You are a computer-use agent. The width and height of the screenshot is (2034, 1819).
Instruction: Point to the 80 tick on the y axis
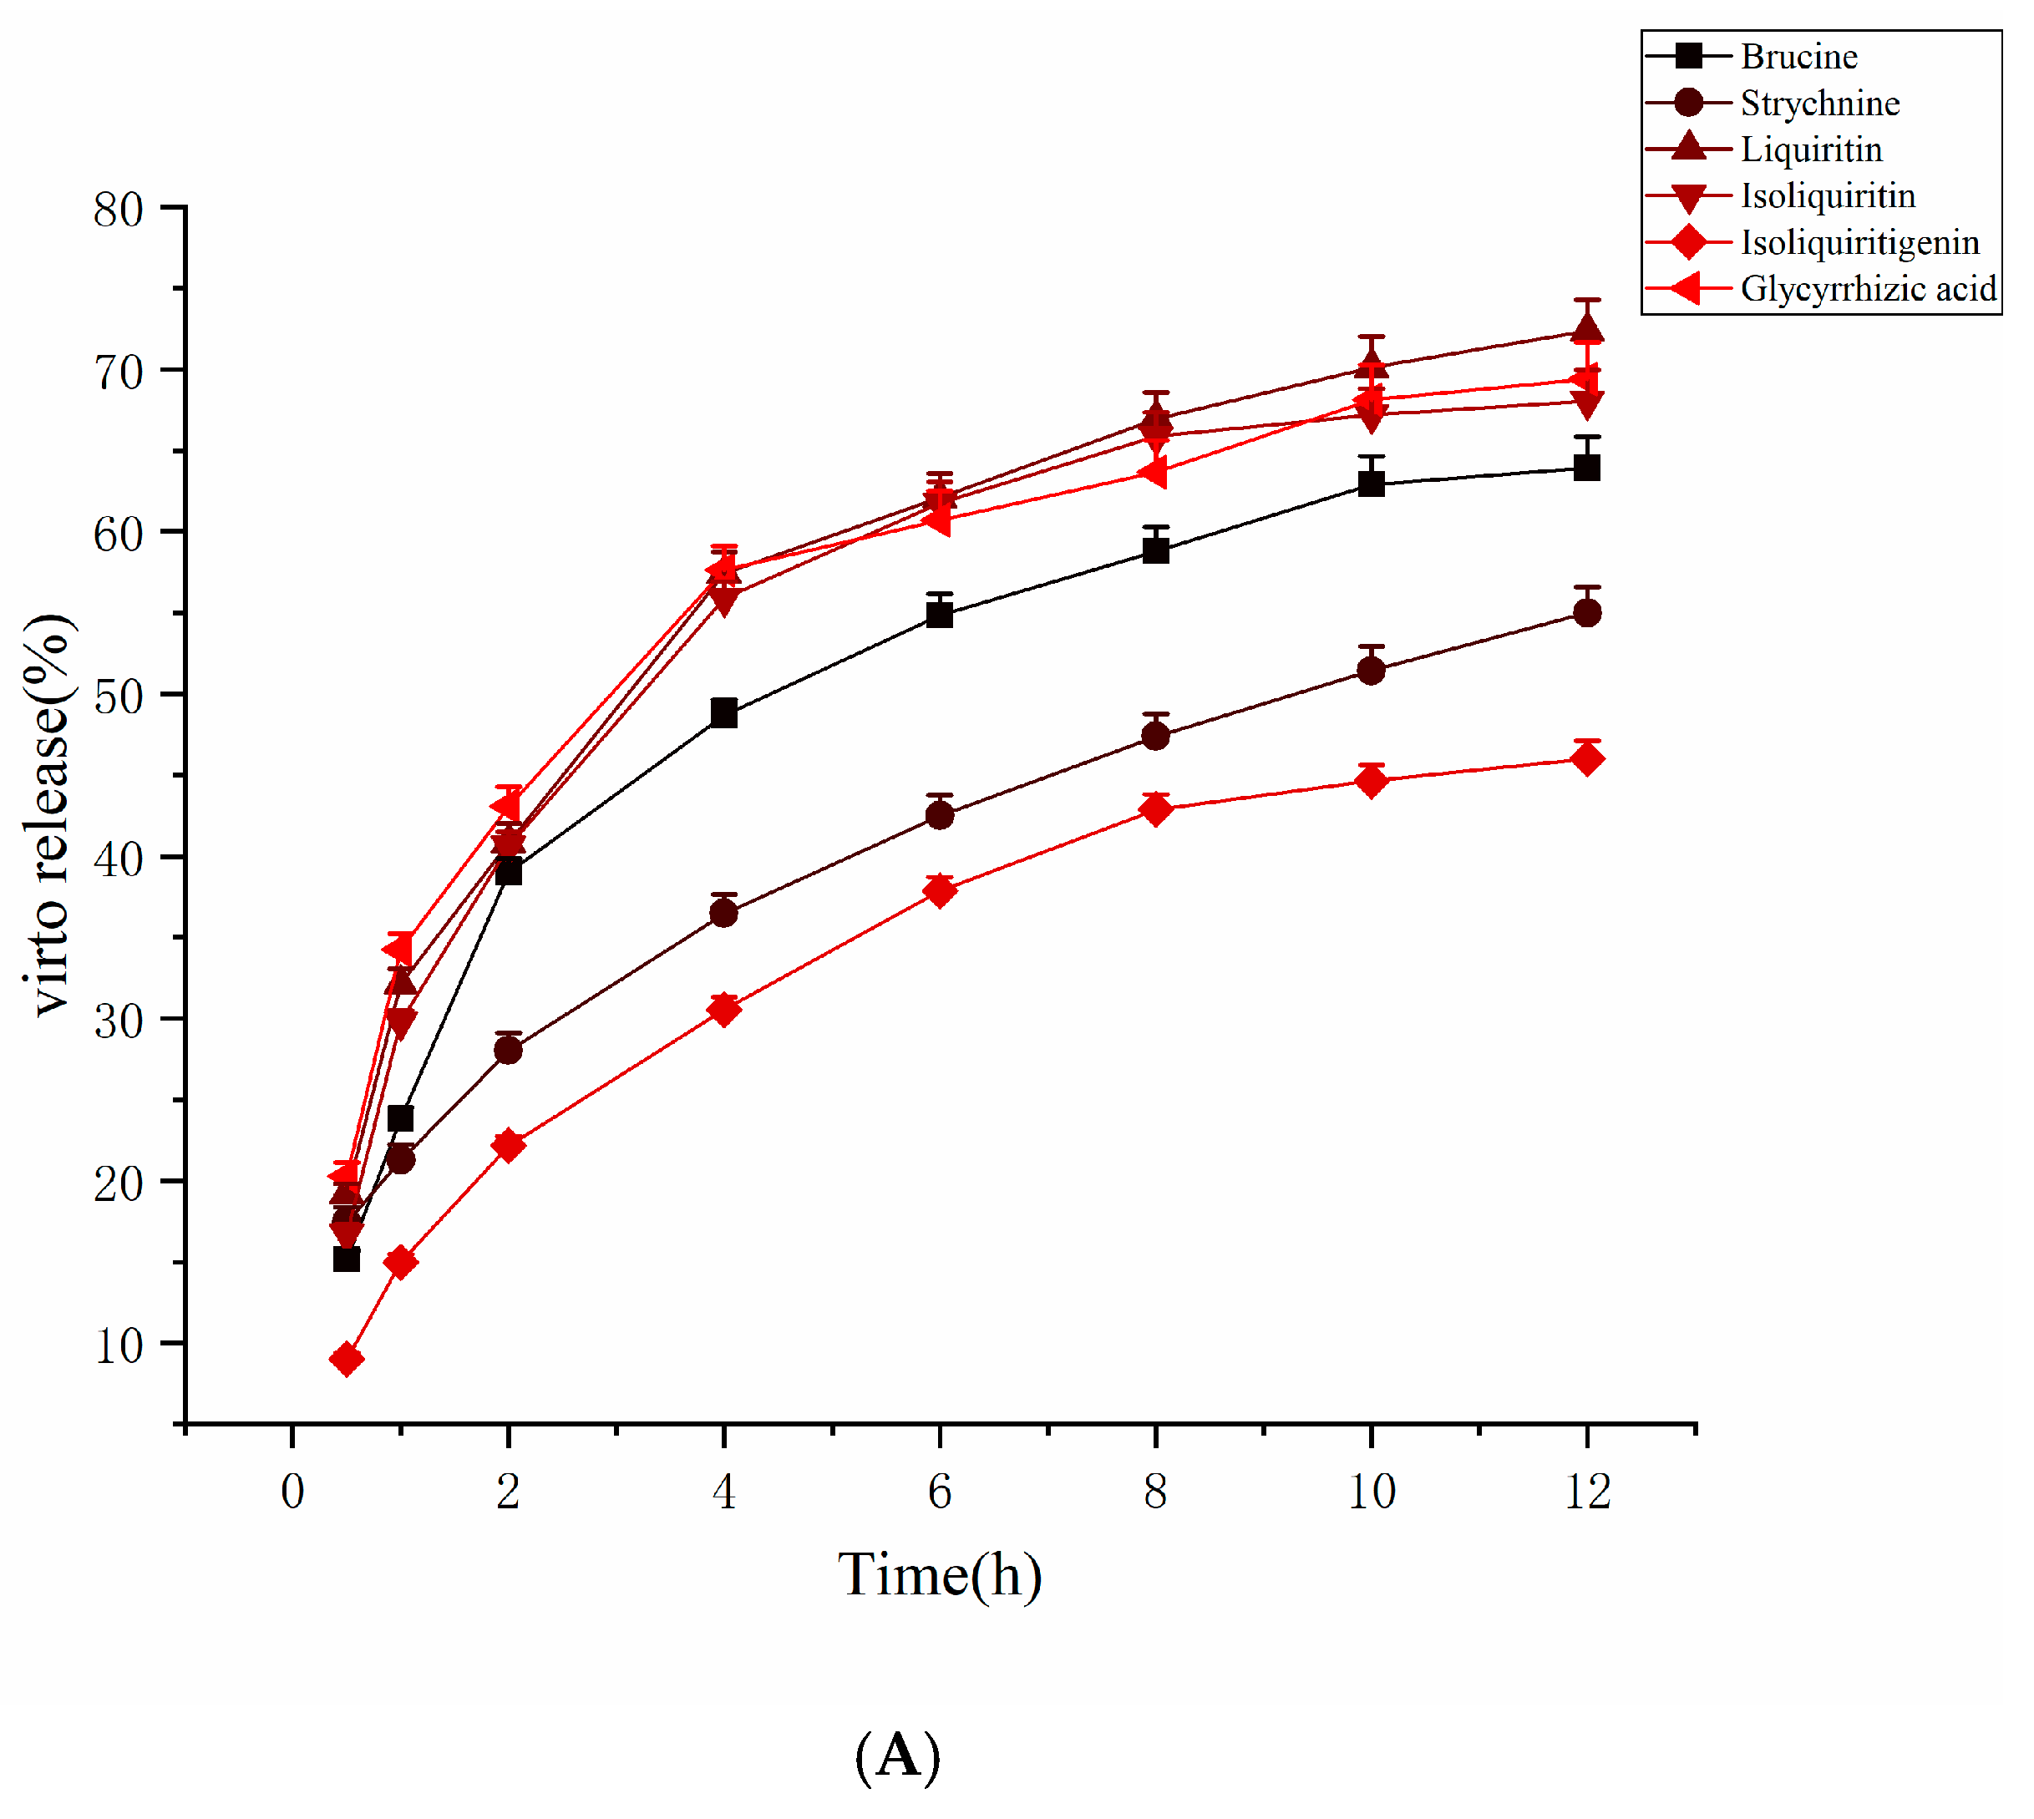pyautogui.click(x=118, y=209)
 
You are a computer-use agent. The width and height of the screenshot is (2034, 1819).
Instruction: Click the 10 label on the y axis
pyautogui.click(x=118, y=1345)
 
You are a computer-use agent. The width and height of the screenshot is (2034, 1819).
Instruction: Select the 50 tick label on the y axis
pyautogui.click(x=118, y=697)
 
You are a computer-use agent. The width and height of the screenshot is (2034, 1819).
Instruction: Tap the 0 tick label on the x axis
pyautogui.click(x=292, y=1491)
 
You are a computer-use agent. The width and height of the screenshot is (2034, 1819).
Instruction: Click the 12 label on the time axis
pyautogui.click(x=1586, y=1491)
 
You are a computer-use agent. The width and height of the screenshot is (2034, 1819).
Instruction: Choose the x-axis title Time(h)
pyautogui.click(x=940, y=1575)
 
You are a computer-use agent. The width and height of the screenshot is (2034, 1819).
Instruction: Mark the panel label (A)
pyautogui.click(x=898, y=1754)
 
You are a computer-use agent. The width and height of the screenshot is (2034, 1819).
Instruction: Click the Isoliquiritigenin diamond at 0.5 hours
pyautogui.click(x=346, y=1360)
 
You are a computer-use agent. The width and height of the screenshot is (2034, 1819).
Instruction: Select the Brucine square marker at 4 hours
pyautogui.click(x=723, y=713)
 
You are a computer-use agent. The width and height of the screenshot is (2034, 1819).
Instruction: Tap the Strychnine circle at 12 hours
pyautogui.click(x=1586, y=613)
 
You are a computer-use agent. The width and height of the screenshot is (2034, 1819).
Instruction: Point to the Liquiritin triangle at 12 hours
pyautogui.click(x=1586, y=329)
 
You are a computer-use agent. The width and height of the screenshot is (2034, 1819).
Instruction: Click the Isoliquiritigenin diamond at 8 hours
pyautogui.click(x=1155, y=808)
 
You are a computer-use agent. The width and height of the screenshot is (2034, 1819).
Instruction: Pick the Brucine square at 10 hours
pyautogui.click(x=1372, y=484)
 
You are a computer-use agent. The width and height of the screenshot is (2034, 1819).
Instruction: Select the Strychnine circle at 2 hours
pyautogui.click(x=508, y=1051)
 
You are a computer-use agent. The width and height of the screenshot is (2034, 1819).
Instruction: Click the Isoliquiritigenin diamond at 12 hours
pyautogui.click(x=1586, y=759)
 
